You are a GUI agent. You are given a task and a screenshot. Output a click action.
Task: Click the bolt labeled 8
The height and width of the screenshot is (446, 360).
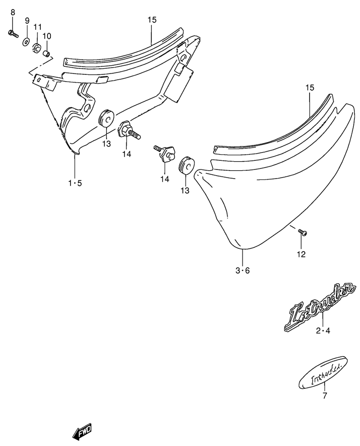click(13, 34)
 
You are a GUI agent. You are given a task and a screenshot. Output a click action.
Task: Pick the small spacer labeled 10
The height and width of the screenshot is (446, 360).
click(47, 53)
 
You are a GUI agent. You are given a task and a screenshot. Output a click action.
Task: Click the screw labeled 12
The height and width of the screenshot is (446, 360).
click(302, 232)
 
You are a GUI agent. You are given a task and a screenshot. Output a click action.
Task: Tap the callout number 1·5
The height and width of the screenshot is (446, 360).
click(75, 183)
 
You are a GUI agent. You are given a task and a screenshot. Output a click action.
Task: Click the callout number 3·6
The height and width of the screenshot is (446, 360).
click(242, 270)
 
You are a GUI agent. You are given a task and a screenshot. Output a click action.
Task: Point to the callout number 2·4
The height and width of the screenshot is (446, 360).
click(323, 331)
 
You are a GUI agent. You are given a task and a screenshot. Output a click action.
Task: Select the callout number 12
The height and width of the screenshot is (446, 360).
click(301, 254)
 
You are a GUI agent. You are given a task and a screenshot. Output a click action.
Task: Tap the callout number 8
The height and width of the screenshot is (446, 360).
click(13, 12)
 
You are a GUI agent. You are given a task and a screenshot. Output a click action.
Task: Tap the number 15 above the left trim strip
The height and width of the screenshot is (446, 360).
click(152, 20)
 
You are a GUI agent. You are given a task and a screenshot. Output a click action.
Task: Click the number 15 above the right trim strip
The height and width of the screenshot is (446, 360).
click(310, 87)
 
